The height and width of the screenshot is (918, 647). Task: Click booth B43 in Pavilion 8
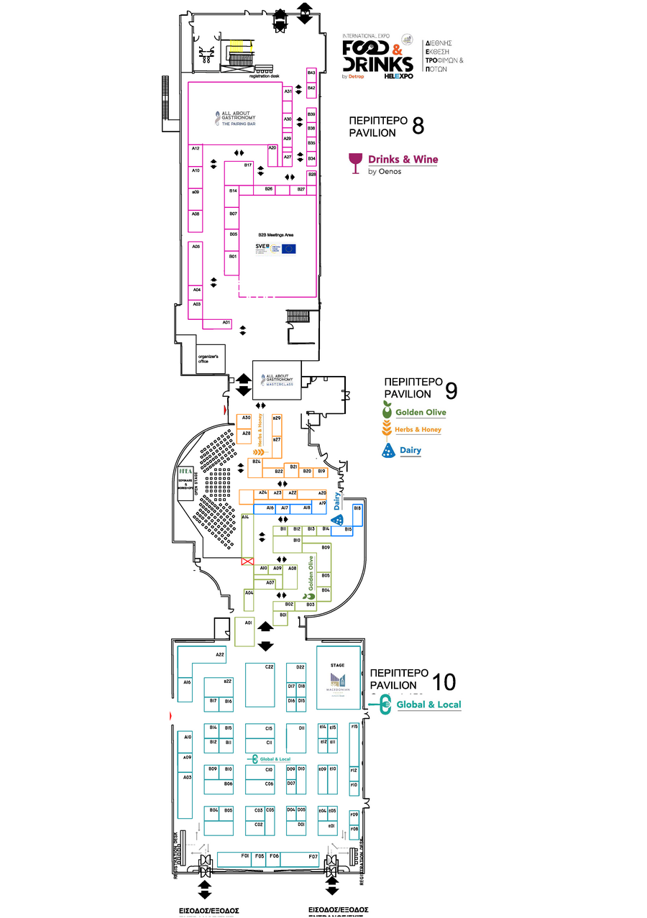pos(311,73)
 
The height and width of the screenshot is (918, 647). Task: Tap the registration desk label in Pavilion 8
pos(264,77)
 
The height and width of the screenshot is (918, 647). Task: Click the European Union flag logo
pos(289,249)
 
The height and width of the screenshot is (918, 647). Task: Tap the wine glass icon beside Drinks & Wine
pos(354,163)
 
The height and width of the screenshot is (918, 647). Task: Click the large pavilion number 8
pos(418,127)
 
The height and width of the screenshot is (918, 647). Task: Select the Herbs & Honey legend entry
pos(413,430)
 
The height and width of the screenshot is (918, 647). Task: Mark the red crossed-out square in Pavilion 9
pos(247,561)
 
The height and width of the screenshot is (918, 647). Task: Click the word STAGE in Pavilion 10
pos(337,666)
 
